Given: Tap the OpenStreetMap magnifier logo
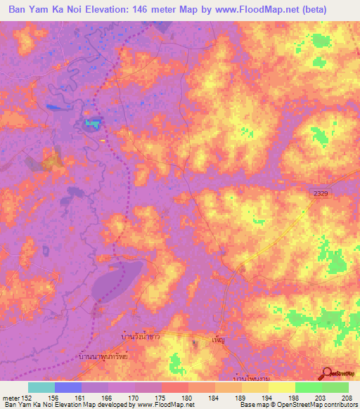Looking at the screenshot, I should coord(328,373).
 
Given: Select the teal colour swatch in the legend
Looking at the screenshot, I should coord(41,387).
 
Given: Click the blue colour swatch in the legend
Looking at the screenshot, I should coord(68,387).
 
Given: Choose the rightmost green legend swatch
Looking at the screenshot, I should coord(335,387).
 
